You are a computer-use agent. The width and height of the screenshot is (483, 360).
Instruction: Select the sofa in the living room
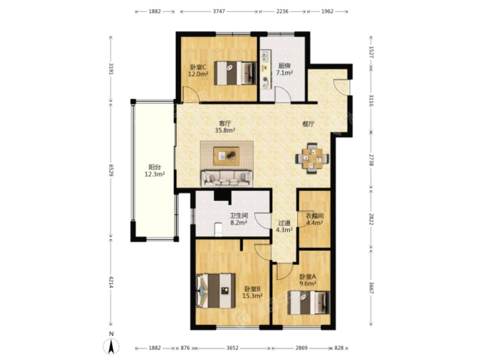coord(227,178)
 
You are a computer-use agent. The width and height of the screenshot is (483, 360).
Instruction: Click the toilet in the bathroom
coord(218,229)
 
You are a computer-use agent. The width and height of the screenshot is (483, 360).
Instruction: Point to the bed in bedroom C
coord(235,73)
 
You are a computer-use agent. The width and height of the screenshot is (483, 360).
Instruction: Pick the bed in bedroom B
coord(216,291)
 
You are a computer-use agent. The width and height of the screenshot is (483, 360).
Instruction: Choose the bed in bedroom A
coord(309,303)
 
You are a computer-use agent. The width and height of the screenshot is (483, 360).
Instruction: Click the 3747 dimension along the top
coord(219,11)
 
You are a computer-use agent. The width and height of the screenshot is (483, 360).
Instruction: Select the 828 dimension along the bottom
coord(339,348)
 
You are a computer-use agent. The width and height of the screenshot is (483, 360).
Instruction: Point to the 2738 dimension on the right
coord(371,160)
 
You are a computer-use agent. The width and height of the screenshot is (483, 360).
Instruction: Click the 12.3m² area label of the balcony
coord(155,175)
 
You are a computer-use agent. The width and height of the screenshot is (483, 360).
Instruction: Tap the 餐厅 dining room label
coord(308,124)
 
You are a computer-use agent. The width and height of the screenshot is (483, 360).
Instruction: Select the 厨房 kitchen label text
coord(284,65)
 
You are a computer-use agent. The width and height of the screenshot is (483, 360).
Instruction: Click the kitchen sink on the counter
coord(266,56)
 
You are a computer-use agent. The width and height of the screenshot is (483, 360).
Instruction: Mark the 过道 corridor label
coord(284,223)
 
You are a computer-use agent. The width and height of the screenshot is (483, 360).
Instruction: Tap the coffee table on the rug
coord(227,156)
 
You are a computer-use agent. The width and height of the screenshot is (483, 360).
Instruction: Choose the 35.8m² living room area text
coord(225,130)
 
